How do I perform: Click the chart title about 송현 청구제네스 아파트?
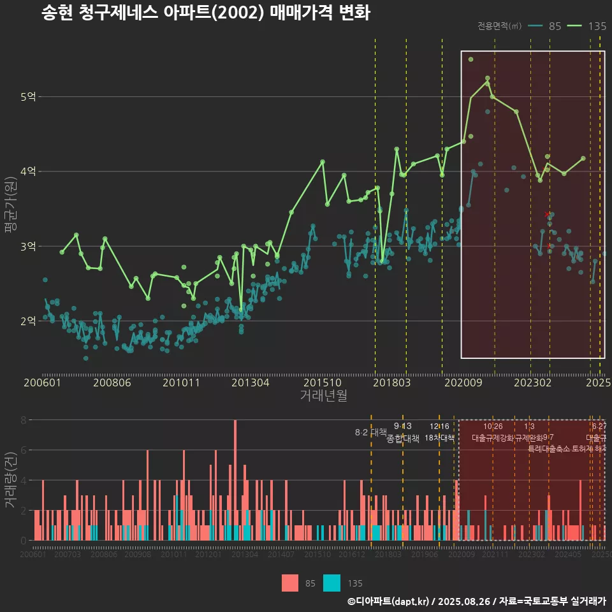click(205, 13)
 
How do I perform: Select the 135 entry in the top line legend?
click(597, 26)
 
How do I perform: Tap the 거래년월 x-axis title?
click(323, 395)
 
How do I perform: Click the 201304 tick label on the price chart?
click(250, 383)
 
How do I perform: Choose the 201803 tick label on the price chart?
click(391, 383)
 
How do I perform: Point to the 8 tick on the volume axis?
click(23, 420)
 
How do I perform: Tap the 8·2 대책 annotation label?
click(371, 432)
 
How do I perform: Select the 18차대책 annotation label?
click(439, 438)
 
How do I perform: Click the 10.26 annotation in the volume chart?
click(493, 426)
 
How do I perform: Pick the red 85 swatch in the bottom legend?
click(290, 583)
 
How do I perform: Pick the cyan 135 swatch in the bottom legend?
click(331, 583)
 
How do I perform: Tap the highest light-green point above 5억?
click(470, 59)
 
